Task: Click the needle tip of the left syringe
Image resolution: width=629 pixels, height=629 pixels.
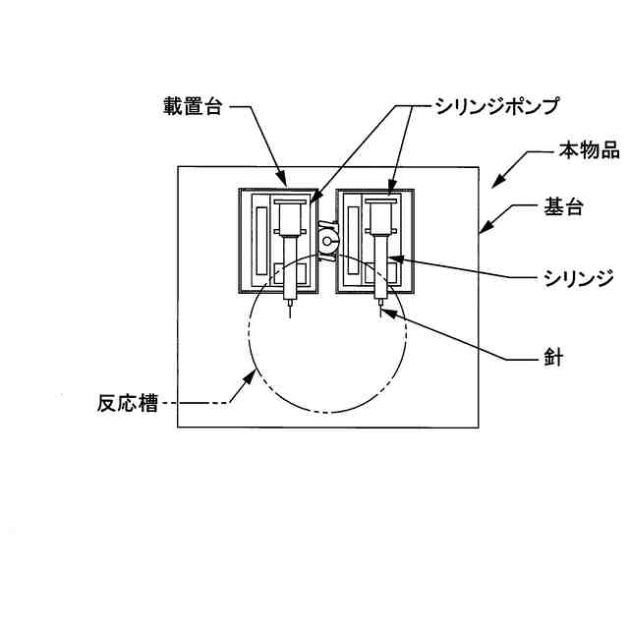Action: click(x=290, y=316)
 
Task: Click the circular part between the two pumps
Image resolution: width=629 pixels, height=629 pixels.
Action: click(x=328, y=240)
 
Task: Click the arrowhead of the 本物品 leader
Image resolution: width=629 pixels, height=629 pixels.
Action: click(x=493, y=184)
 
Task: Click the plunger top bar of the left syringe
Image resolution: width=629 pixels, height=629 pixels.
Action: click(x=290, y=202)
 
